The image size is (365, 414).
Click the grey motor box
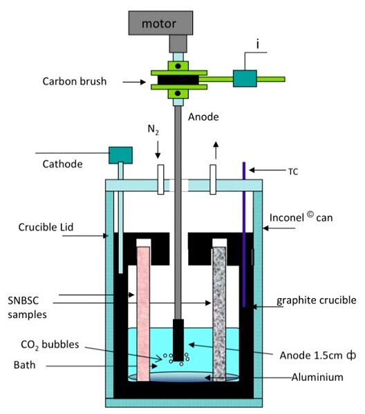pos(160,23)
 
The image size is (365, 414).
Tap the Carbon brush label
pos(75,81)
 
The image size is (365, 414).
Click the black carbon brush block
pos(178,80)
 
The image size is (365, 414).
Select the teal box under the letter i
pos(245,79)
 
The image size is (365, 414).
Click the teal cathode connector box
pos(120,155)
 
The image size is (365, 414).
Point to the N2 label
pos(153,130)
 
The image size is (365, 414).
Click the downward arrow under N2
pos(158,150)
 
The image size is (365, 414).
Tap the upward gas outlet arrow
pos(216,150)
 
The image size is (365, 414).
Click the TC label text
pos(293,172)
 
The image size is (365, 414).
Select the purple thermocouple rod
pos(244,235)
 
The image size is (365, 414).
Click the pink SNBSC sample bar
pos(143,314)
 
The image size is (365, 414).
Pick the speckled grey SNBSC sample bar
pos(219,314)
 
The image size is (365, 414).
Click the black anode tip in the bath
pos(178,339)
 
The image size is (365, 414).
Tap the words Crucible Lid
pos(46,227)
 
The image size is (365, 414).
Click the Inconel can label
pos(301,217)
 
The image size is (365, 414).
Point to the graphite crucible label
pos(317,300)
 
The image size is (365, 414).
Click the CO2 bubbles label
pos(50,345)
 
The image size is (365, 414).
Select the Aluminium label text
pos(317,377)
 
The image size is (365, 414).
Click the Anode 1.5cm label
pos(318,355)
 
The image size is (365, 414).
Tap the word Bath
pos(24,365)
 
